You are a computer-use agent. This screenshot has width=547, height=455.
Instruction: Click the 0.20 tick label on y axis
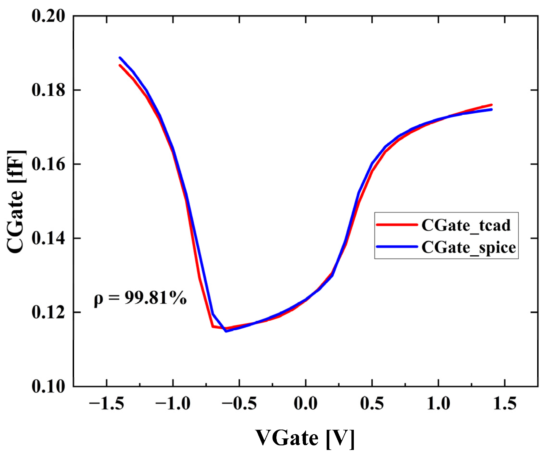[x=48, y=16]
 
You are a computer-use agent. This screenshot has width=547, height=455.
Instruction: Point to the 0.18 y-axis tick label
[x=48, y=90]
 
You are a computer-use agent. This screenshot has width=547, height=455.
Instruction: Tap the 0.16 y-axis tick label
[x=48, y=164]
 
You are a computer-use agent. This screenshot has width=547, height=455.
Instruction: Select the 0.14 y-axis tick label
[x=48, y=238]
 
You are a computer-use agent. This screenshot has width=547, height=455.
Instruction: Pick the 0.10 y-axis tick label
[x=48, y=387]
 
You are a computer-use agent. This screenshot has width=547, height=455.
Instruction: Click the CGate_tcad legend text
[x=466, y=225]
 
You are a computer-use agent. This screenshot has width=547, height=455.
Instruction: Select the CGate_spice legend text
[x=469, y=247]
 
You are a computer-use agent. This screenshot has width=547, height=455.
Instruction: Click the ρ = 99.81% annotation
[x=140, y=298]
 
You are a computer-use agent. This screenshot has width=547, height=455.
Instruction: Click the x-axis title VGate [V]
[x=305, y=439]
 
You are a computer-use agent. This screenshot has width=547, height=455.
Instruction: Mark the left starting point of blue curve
[x=120, y=58]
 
